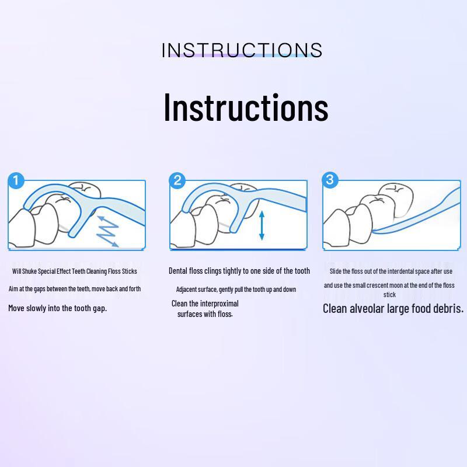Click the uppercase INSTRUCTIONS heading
(242, 50)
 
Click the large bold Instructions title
(246, 107)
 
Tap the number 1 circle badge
(16, 180)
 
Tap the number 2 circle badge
(177, 180)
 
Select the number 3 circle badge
(330, 180)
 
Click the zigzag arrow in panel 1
(107, 231)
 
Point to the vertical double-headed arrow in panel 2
(262, 225)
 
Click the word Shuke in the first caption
(29, 271)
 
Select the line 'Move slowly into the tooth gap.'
(57, 308)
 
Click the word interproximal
(219, 304)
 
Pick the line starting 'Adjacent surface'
(236, 290)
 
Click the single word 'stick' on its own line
(389, 295)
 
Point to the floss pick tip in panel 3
(374, 231)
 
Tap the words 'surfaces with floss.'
(205, 314)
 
